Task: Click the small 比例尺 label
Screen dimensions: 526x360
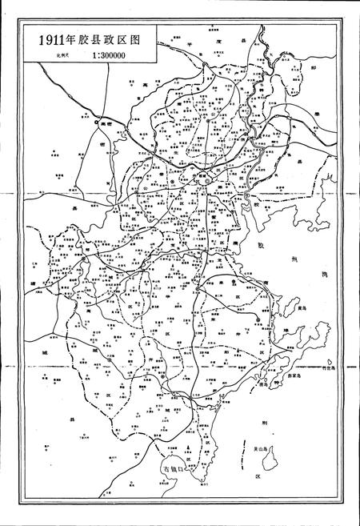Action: (62, 57)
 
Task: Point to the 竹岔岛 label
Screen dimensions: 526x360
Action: (348, 369)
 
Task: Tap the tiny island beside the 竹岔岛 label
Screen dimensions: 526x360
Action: (336, 369)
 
